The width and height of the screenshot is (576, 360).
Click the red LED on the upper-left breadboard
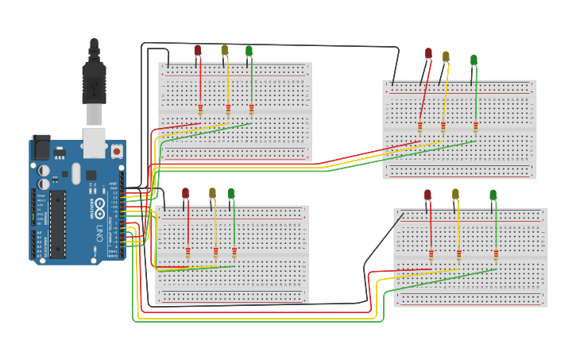pos(198,50)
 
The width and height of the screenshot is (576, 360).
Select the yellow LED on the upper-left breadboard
pos(225,50)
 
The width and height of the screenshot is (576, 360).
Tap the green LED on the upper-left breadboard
pos(249,52)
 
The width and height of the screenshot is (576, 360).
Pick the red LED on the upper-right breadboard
pos(428,54)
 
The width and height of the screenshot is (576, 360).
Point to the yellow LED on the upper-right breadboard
pos(446,56)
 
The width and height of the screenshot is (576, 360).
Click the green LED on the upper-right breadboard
pos(474,60)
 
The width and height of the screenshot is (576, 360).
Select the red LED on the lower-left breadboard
pos(185,193)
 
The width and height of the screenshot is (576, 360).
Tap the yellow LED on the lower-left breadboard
pos(212,193)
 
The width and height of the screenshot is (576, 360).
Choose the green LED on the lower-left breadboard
pos(231,193)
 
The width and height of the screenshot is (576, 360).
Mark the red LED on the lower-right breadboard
pos(427,195)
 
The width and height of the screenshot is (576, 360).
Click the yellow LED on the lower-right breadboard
pos(455,194)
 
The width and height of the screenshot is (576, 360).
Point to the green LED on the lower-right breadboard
pos(493,195)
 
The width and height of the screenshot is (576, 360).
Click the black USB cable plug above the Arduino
pos(94,79)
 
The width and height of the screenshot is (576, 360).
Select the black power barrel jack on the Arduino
pos(41,147)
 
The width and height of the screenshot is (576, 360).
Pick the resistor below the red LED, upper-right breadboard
pos(419,127)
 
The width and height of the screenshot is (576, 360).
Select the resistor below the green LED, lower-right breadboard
pos(496,255)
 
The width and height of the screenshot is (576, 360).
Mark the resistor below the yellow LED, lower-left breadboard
pos(215,253)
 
